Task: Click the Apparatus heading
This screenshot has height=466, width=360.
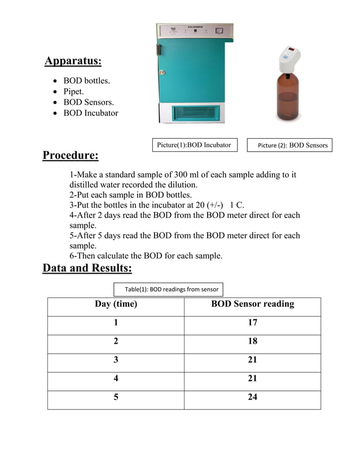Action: click(x=73, y=61)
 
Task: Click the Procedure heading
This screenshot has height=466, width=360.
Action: click(x=71, y=155)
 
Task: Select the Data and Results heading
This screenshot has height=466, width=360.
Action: click(x=87, y=267)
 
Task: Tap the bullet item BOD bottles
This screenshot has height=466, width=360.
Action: click(x=86, y=81)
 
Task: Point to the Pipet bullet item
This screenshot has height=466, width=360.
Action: click(x=73, y=91)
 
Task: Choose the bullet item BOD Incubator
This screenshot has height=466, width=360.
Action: click(x=90, y=113)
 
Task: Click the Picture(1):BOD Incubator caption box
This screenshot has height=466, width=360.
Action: click(x=195, y=145)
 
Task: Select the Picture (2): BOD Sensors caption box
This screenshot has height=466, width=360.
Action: click(x=292, y=146)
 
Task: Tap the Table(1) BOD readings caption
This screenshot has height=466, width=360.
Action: click(x=169, y=289)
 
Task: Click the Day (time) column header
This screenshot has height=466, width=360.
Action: click(x=116, y=304)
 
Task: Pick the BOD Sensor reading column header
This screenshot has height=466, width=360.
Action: click(x=252, y=304)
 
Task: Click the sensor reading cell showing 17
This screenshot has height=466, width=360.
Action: click(x=252, y=323)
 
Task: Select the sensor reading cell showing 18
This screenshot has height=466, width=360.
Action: click(x=252, y=341)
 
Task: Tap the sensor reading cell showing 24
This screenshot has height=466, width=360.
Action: click(x=252, y=397)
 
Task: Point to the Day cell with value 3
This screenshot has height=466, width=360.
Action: click(x=116, y=360)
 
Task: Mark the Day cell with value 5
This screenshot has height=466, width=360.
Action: click(x=116, y=397)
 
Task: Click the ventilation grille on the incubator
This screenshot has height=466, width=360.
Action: click(x=194, y=112)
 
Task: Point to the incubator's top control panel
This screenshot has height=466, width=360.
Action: click(x=195, y=32)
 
